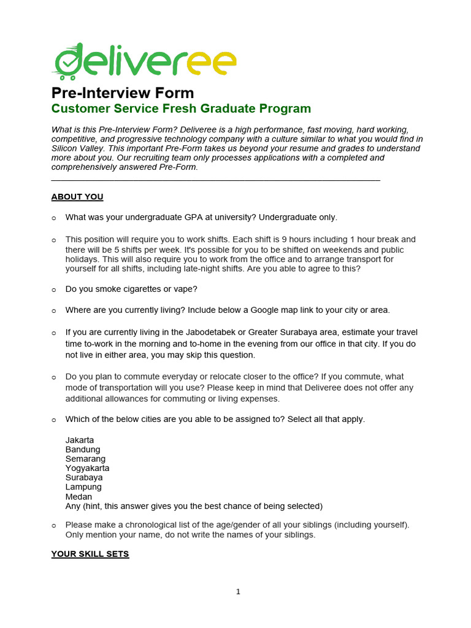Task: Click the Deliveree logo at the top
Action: tap(145, 62)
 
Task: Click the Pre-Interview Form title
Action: tap(122, 93)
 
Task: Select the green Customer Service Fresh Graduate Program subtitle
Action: tap(181, 109)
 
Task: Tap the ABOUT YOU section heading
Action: tap(77, 197)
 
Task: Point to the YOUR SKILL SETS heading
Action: tap(90, 554)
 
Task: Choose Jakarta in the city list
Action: tap(80, 440)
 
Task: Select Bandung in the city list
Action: tap(83, 450)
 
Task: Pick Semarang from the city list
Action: tap(85, 459)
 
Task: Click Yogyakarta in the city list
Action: tap(87, 468)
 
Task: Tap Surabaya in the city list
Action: tap(84, 478)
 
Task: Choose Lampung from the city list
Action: tap(83, 487)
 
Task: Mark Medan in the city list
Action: tap(78, 497)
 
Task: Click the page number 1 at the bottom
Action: tap(238, 592)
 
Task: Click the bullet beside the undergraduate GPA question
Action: tap(54, 218)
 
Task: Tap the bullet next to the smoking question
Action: tap(54, 289)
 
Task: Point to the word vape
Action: tap(186, 289)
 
